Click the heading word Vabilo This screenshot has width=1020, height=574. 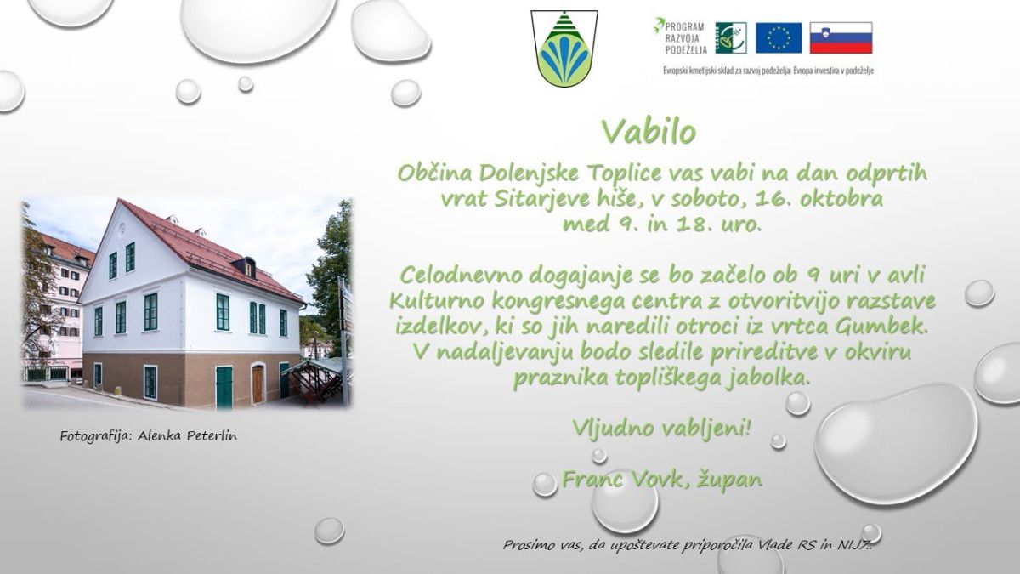coord(649,132)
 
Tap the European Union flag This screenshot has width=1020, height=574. coord(779,37)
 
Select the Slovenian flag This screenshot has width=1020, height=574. coord(841,37)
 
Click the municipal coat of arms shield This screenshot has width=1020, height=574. coord(564,48)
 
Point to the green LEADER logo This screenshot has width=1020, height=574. coord(731,37)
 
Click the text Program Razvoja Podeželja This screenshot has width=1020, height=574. coord(681,37)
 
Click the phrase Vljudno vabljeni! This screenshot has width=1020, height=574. coord(661,428)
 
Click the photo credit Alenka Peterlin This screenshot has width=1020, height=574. coord(187,436)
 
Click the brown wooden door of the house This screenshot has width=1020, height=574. coord(258,385)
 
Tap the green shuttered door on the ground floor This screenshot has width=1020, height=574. coord(224,387)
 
